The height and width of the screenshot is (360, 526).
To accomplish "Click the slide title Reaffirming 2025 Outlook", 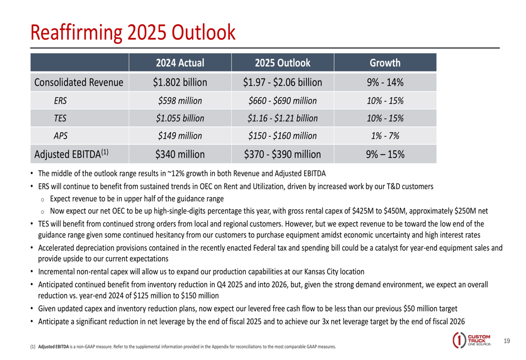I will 133,32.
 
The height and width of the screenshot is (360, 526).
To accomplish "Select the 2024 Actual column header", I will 179,64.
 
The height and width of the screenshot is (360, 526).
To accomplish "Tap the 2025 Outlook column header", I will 282,64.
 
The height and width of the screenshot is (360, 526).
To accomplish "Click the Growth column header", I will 385,64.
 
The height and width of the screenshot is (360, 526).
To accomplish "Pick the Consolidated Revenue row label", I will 78,83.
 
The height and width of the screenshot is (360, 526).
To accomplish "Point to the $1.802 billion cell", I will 179,83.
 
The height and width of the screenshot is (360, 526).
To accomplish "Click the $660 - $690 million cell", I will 282,100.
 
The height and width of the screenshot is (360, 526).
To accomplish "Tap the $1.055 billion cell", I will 179,118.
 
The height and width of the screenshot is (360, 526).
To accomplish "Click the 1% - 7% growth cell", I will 385,136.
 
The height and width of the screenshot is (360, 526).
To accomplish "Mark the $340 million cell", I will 179,155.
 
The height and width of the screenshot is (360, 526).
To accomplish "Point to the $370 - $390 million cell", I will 282,155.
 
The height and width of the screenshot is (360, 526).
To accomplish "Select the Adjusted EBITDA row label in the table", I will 72,155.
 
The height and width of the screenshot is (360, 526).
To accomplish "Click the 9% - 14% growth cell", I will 385,83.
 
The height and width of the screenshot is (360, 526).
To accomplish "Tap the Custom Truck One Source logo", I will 471,340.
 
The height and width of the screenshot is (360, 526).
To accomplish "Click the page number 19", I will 507,341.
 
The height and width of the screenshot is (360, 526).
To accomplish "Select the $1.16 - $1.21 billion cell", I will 282,118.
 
